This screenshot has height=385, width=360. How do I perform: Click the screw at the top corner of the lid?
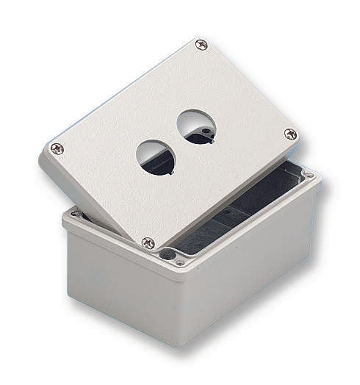pos(201,45)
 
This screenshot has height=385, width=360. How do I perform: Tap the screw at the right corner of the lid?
pos(290,134)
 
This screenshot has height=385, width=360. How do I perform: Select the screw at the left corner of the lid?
pos(57,148)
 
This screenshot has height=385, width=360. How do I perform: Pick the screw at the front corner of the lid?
pos(148,242)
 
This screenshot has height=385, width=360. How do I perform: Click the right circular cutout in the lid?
pos(196,126)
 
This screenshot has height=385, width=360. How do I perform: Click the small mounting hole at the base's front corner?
pos(180,262)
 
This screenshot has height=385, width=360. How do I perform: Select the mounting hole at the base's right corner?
pos(309,176)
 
